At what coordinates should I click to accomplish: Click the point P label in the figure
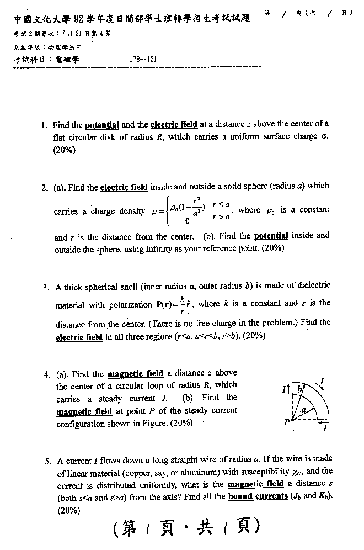[x=287, y=421]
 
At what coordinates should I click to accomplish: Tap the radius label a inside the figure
[x=303, y=409]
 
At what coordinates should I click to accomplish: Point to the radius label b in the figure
[x=300, y=389]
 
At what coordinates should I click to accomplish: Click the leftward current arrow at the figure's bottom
[x=325, y=422]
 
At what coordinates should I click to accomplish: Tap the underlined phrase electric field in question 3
[x=79, y=337]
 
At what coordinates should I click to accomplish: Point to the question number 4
[x=47, y=374]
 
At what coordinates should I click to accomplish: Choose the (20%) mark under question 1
[x=65, y=150]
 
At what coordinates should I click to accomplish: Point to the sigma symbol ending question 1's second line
[x=325, y=137]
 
